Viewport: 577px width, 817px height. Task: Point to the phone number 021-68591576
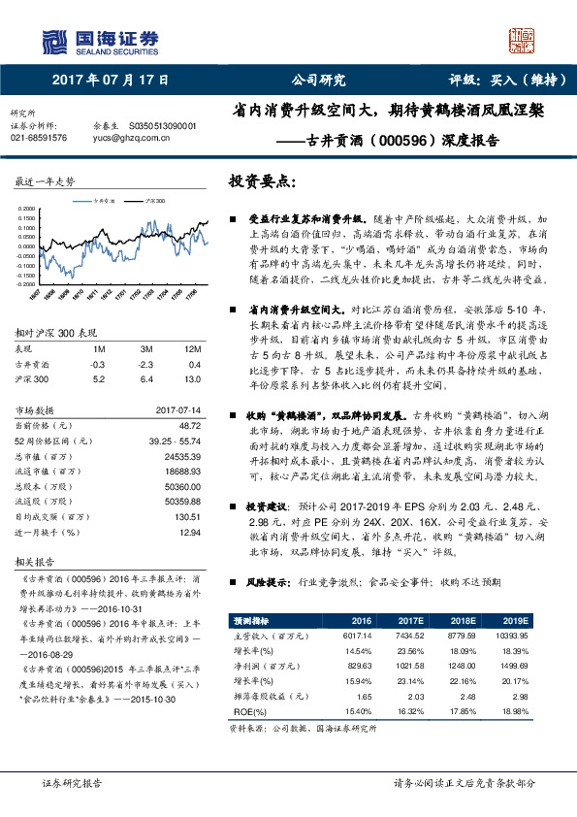(x=39, y=138)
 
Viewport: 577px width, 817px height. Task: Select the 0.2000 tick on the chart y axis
(x=29, y=208)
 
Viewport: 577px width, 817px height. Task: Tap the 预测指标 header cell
(x=253, y=620)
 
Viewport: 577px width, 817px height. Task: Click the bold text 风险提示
(x=265, y=583)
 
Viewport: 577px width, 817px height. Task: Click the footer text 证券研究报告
(x=71, y=782)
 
